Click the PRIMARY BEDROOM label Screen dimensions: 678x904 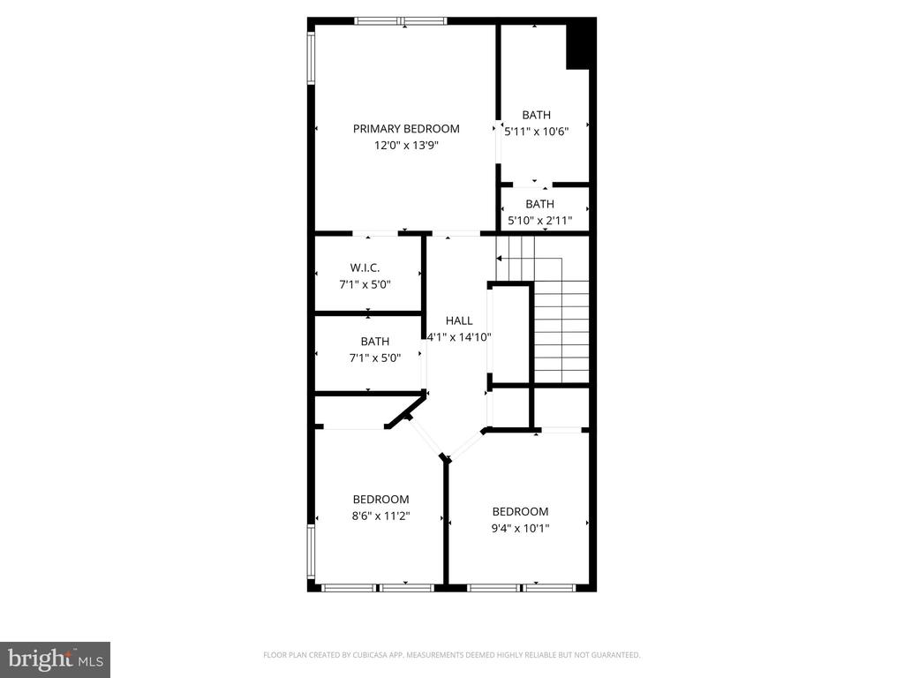click(406, 129)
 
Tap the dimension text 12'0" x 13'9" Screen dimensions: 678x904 click(406, 145)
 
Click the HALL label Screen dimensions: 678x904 click(459, 320)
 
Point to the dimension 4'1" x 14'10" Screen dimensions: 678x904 click(459, 336)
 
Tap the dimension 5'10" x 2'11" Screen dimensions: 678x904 click(539, 220)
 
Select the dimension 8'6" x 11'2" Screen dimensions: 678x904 click(380, 516)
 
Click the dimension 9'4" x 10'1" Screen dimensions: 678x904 click(520, 528)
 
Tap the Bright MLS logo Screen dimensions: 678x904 click(55, 659)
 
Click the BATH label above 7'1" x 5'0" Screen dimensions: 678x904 click(374, 342)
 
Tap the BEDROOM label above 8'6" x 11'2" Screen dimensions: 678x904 click(380, 500)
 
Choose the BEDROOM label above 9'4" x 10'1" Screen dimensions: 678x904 click(520, 512)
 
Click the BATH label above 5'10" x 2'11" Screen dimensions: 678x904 click(539, 204)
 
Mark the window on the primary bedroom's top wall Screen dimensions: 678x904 click(401, 20)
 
